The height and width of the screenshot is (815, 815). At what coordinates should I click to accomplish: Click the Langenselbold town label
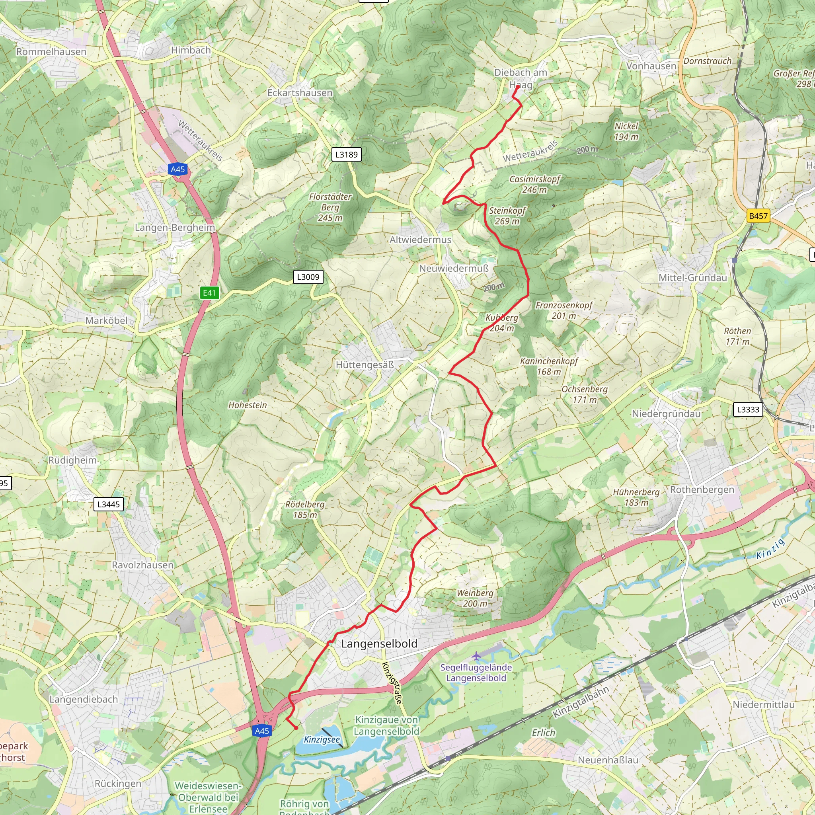pyautogui.click(x=379, y=644)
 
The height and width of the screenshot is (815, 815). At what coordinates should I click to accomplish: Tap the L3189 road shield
pyautogui.click(x=346, y=154)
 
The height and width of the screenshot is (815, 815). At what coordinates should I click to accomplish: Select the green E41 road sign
pyautogui.click(x=209, y=293)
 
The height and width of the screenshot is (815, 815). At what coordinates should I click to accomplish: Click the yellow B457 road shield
pyautogui.click(x=758, y=216)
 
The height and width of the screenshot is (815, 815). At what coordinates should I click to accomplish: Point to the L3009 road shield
pyautogui.click(x=308, y=277)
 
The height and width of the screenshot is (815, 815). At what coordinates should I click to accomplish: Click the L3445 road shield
pyautogui.click(x=108, y=504)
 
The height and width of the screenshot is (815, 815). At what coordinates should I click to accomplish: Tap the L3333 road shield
pyautogui.click(x=748, y=409)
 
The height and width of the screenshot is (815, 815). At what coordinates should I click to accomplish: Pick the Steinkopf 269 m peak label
pyautogui.click(x=507, y=216)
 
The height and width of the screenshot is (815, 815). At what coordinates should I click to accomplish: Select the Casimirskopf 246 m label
pyautogui.click(x=534, y=184)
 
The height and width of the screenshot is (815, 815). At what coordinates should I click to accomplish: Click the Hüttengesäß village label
pyautogui.click(x=365, y=365)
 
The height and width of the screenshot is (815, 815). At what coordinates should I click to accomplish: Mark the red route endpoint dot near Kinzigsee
pyautogui.click(x=296, y=728)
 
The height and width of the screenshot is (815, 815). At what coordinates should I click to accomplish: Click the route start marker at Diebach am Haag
pyautogui.click(x=517, y=88)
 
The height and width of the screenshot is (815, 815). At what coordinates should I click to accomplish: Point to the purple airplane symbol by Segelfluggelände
pyautogui.click(x=476, y=656)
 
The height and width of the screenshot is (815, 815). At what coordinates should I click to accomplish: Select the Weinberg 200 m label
pyautogui.click(x=475, y=598)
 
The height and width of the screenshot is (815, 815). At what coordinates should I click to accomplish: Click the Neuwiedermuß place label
pyautogui.click(x=454, y=268)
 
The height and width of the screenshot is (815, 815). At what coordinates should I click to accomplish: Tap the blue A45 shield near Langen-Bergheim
pyautogui.click(x=177, y=170)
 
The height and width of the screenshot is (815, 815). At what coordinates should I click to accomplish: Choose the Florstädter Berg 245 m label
pyautogui.click(x=330, y=207)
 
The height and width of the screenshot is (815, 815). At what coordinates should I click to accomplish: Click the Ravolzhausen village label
pyautogui.click(x=142, y=565)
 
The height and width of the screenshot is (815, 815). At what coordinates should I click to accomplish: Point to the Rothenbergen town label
pyautogui.click(x=702, y=490)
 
